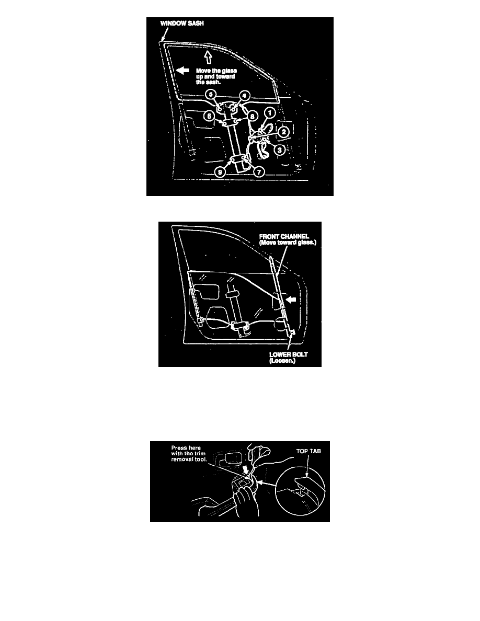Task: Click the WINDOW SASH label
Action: pyautogui.click(x=182, y=24)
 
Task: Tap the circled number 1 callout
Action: pyautogui.click(x=270, y=113)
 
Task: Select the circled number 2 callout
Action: pyautogui.click(x=283, y=132)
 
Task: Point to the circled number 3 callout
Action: pyautogui.click(x=280, y=150)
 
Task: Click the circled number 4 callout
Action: pyautogui.click(x=245, y=96)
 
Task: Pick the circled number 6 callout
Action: pyautogui.click(x=209, y=116)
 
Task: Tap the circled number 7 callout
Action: pyautogui.click(x=259, y=172)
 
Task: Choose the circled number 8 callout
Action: pyautogui.click(x=252, y=117)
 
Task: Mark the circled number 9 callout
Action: pyautogui.click(x=220, y=172)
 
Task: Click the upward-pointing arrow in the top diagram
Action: pyautogui.click(x=208, y=57)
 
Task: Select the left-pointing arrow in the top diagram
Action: pyautogui.click(x=182, y=70)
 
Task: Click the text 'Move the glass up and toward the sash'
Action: pyautogui.click(x=216, y=76)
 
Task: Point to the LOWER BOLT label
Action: pyautogui.click(x=288, y=354)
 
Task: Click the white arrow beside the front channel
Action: pyautogui.click(x=291, y=300)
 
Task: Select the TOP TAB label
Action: pyautogui.click(x=308, y=451)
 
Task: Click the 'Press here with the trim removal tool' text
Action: pyautogui.click(x=189, y=454)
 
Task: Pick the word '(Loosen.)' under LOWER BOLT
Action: pyautogui.click(x=282, y=361)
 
